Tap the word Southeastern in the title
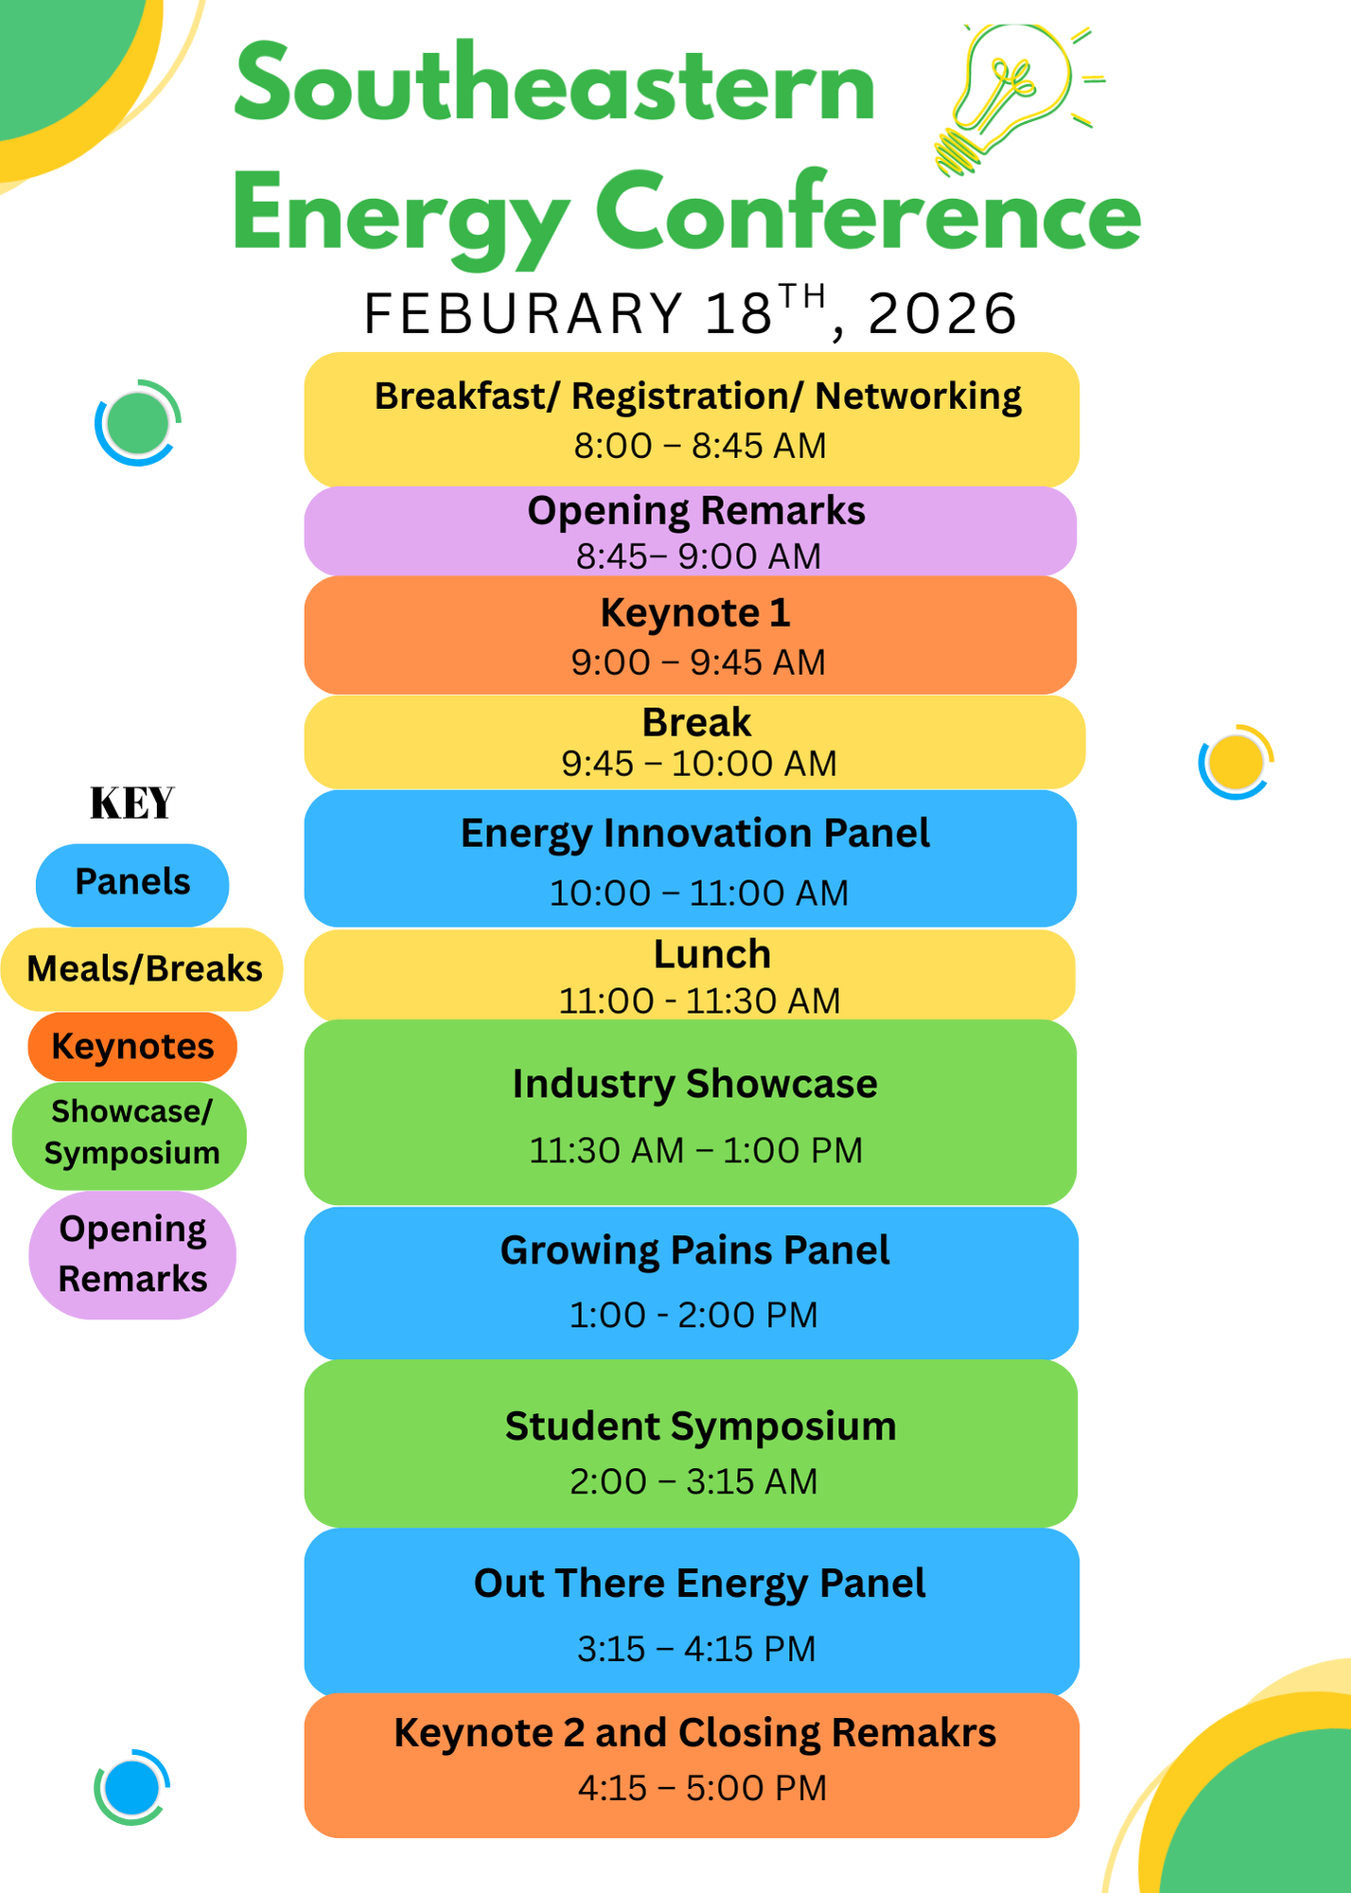(554, 85)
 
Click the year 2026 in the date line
(942, 313)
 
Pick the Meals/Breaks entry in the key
(143, 969)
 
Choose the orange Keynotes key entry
(132, 1047)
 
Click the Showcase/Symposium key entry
(131, 1135)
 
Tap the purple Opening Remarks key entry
(132, 1254)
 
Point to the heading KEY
(132, 804)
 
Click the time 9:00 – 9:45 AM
(698, 663)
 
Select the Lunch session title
(712, 954)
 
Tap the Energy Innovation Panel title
(695, 834)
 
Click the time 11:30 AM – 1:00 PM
(695, 1151)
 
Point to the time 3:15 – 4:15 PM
(696, 1649)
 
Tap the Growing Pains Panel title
(695, 1251)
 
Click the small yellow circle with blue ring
(1237, 762)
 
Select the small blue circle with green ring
(132, 1787)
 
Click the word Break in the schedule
(697, 723)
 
